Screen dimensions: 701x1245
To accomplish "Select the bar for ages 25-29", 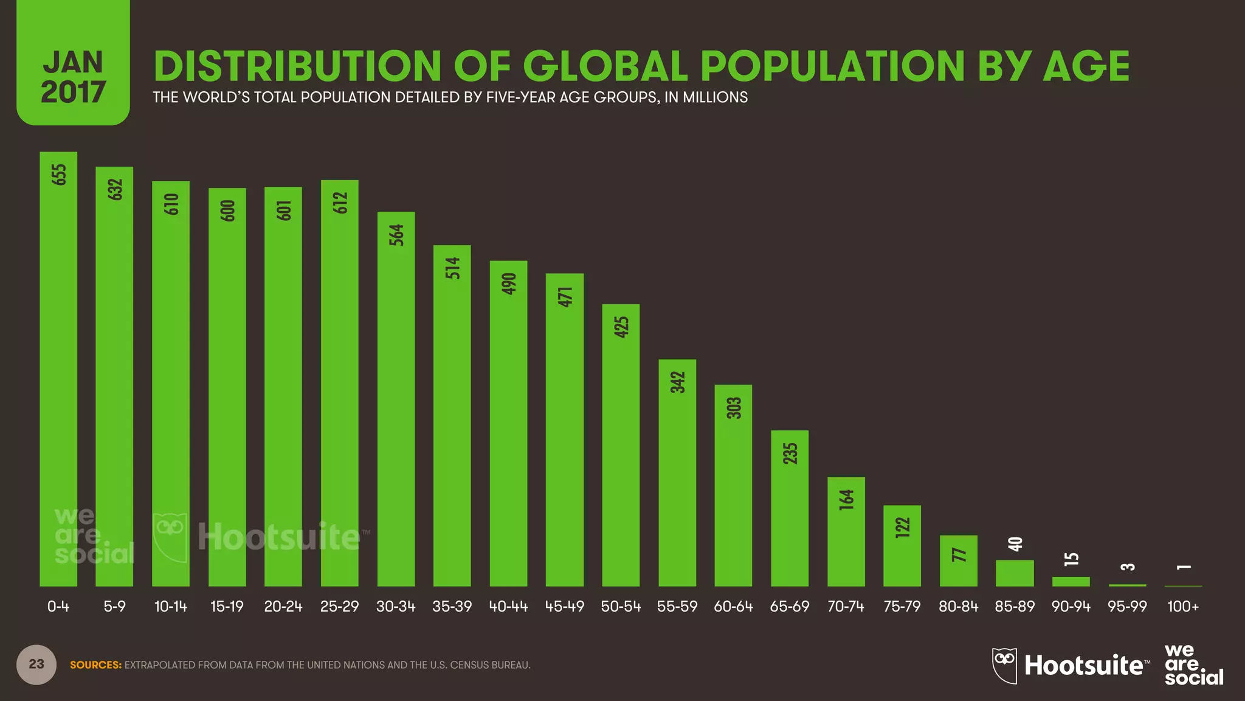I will coord(339,383).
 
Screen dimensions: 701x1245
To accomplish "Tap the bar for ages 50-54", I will coord(621,445).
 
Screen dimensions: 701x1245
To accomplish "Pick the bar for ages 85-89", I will coord(1014,573).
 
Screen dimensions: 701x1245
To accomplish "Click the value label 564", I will coord(396,235).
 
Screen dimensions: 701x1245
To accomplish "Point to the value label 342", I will coord(678,382).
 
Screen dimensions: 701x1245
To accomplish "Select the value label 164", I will coord(846,500).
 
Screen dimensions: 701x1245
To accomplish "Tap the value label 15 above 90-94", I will coord(1071,559).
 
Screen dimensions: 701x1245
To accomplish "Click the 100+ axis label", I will coord(1183,607).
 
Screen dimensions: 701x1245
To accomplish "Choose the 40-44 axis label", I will coord(508,607).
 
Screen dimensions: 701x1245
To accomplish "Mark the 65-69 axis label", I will coord(789,607).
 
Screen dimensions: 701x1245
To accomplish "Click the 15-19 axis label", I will coord(227,607).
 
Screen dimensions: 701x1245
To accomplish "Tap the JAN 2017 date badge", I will coord(73,76).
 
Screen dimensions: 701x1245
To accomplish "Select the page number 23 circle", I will coord(36,664).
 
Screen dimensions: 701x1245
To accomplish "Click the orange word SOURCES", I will coord(95,665).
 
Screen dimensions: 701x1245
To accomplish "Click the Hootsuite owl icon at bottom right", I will coord(1004,665).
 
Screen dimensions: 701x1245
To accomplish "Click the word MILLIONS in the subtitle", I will coord(715,97).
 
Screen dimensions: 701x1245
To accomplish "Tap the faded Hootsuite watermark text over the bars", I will coord(280,537).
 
